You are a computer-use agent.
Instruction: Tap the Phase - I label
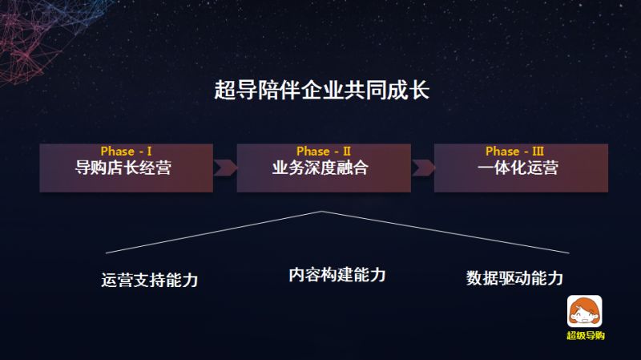(x=126, y=151)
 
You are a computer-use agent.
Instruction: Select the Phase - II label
(x=323, y=151)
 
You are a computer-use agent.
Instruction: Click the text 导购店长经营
(x=126, y=169)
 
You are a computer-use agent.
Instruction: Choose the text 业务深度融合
(x=323, y=169)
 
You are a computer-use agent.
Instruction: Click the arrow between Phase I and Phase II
(x=225, y=168)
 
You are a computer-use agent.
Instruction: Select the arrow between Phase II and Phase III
(x=422, y=168)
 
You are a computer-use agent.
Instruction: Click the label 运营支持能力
(x=150, y=281)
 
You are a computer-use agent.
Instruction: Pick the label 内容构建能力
(x=337, y=275)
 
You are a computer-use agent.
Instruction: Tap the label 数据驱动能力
(x=515, y=278)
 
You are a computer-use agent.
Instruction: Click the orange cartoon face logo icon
(x=585, y=311)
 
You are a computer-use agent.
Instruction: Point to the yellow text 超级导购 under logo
(x=585, y=335)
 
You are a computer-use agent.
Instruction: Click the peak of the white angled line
(x=322, y=212)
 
